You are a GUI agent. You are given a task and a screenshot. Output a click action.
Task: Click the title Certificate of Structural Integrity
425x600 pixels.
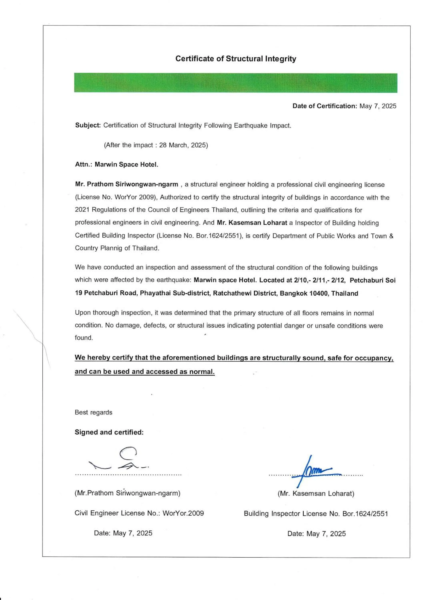coord(236,59)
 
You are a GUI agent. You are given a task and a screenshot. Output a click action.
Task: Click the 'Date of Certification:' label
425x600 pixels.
coord(325,106)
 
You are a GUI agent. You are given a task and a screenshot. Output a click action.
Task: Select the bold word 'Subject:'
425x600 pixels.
coord(88,125)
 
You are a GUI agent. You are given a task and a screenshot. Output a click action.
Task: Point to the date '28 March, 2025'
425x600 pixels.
coord(183,145)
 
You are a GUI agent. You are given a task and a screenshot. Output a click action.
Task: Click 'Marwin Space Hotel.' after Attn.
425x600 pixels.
coord(126,165)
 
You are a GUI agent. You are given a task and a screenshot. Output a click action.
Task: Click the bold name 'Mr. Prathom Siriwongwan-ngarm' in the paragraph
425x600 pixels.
coord(126,184)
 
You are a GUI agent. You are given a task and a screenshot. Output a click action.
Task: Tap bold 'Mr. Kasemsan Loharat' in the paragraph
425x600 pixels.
coord(252,223)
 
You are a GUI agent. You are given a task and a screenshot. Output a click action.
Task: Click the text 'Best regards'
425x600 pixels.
coord(93,412)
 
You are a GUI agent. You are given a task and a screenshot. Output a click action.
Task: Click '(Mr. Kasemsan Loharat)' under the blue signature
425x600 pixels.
coord(316,494)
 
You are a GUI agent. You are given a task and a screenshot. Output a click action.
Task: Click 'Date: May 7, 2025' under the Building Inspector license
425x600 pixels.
coord(316,534)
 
